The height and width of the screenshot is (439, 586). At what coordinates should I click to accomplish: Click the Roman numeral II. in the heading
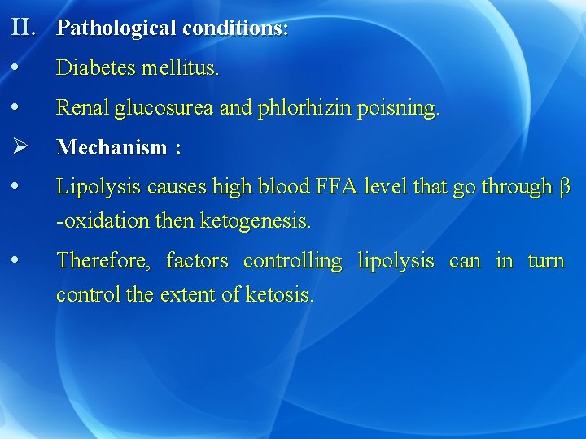coord(24,28)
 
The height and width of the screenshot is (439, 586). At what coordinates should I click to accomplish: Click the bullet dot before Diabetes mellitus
coord(17,68)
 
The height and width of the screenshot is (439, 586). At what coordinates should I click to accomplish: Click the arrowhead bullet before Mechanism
coord(20,147)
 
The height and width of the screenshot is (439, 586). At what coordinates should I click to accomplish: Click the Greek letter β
coord(566,188)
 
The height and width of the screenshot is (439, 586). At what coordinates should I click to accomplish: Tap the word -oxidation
coord(104,220)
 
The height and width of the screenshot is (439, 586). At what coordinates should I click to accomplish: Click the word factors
coord(197,261)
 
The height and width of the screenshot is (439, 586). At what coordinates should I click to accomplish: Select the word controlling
coord(292,262)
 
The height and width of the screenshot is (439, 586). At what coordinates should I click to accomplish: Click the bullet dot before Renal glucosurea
coord(17,107)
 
